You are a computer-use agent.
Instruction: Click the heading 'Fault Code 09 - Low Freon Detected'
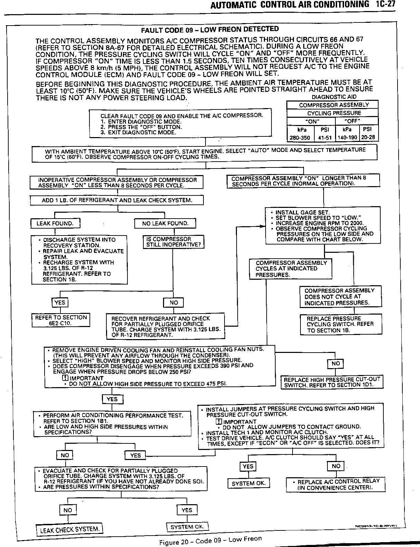tap(210, 29)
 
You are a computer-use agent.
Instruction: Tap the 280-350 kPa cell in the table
tap(300, 137)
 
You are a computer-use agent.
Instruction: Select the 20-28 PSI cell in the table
tap(369, 137)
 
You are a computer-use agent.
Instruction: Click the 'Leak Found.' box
tap(55, 223)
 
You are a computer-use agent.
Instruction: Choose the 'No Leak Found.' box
tap(165, 223)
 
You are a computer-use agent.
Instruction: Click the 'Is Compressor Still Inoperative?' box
tap(173, 242)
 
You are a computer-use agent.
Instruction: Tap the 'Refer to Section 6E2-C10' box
tap(61, 320)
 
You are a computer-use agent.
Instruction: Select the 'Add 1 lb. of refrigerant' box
tap(117, 200)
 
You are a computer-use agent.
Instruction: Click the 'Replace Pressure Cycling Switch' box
tap(340, 324)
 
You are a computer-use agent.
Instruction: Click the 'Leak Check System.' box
tap(70, 529)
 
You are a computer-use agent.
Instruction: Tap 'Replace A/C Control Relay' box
tap(335, 484)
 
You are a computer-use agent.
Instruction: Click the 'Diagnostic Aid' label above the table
tap(334, 97)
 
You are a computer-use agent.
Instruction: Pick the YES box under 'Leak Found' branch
tap(59, 303)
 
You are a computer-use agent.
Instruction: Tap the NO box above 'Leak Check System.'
tap(68, 510)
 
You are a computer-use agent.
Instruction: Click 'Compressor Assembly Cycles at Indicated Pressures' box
tap(290, 269)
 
